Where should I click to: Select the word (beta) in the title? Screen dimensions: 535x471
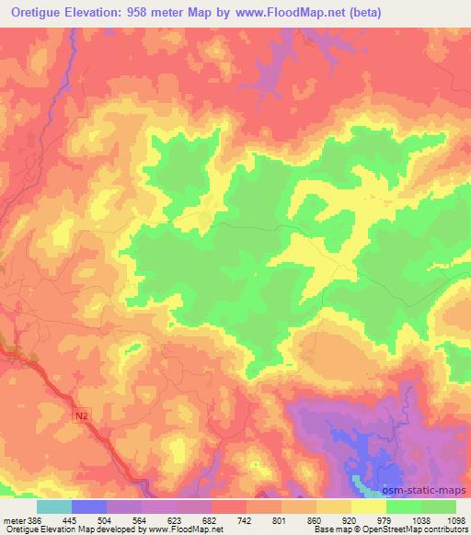tap(360, 13)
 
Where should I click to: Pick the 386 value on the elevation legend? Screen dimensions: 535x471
tap(33, 519)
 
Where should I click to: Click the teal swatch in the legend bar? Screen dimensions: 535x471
tap(53, 507)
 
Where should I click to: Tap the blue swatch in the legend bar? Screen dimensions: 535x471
tap(88, 507)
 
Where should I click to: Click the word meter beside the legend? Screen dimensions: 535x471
tap(13, 519)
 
